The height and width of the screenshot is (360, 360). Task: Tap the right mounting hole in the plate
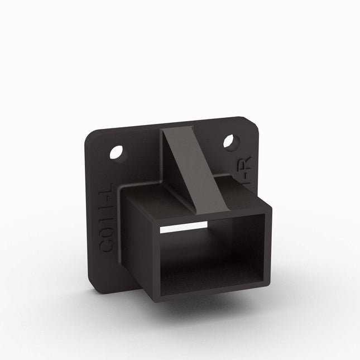coord(229,142)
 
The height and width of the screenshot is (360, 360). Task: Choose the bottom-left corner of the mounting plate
coord(95,285)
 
